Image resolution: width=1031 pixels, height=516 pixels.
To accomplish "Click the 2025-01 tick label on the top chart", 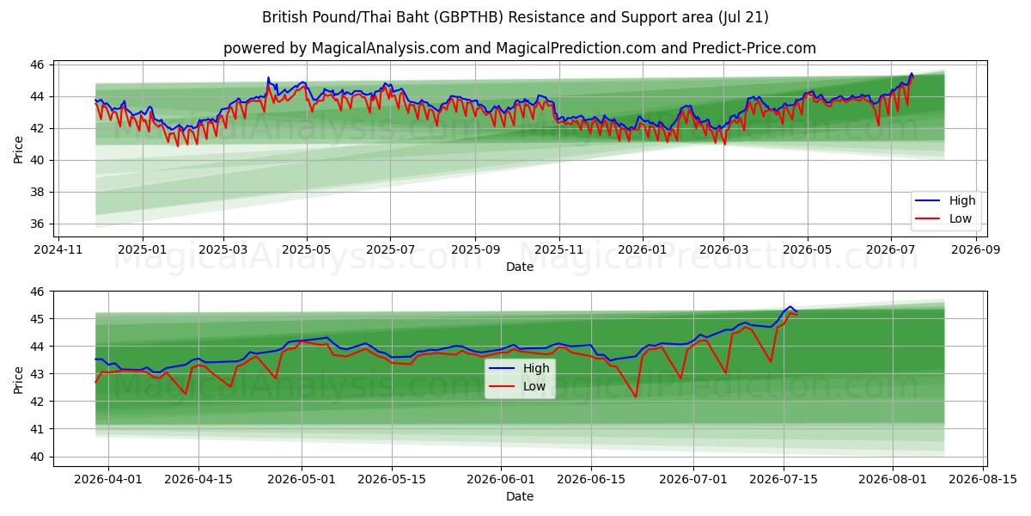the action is tap(143, 249).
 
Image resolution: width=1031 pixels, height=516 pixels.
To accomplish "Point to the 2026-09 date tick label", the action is tap(976, 249).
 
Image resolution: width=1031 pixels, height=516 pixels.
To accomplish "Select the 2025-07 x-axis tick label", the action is tap(390, 249).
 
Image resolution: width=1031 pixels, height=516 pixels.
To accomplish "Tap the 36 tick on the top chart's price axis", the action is tap(37, 224).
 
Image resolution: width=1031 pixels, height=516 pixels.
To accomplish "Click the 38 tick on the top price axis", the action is tap(37, 192).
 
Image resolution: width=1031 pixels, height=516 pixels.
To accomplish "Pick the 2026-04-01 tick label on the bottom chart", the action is tap(108, 479).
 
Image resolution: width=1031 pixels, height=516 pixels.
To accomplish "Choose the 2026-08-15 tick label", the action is tap(983, 479).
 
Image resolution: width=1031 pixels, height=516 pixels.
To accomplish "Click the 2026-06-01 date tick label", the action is tap(501, 479).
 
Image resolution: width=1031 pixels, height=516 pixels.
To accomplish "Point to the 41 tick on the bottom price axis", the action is tap(37, 429).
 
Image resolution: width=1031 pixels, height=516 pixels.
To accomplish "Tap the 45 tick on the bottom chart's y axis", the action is tap(37, 319).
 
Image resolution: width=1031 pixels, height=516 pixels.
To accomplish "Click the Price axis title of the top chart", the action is tap(18, 150).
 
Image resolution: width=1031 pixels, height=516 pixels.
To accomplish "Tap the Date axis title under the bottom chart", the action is tap(520, 497).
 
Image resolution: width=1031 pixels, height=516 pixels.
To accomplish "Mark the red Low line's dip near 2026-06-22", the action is tap(636, 396).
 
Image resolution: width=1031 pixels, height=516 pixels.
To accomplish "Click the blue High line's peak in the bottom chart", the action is tap(790, 306).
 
